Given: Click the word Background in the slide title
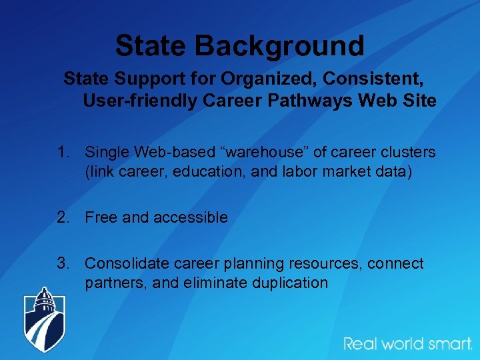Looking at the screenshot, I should [279, 46].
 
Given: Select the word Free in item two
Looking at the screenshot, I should [100, 217].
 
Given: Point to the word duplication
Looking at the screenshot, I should [290, 283].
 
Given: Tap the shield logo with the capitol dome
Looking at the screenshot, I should [45, 319].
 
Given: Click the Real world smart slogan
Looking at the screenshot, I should [407, 344].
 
